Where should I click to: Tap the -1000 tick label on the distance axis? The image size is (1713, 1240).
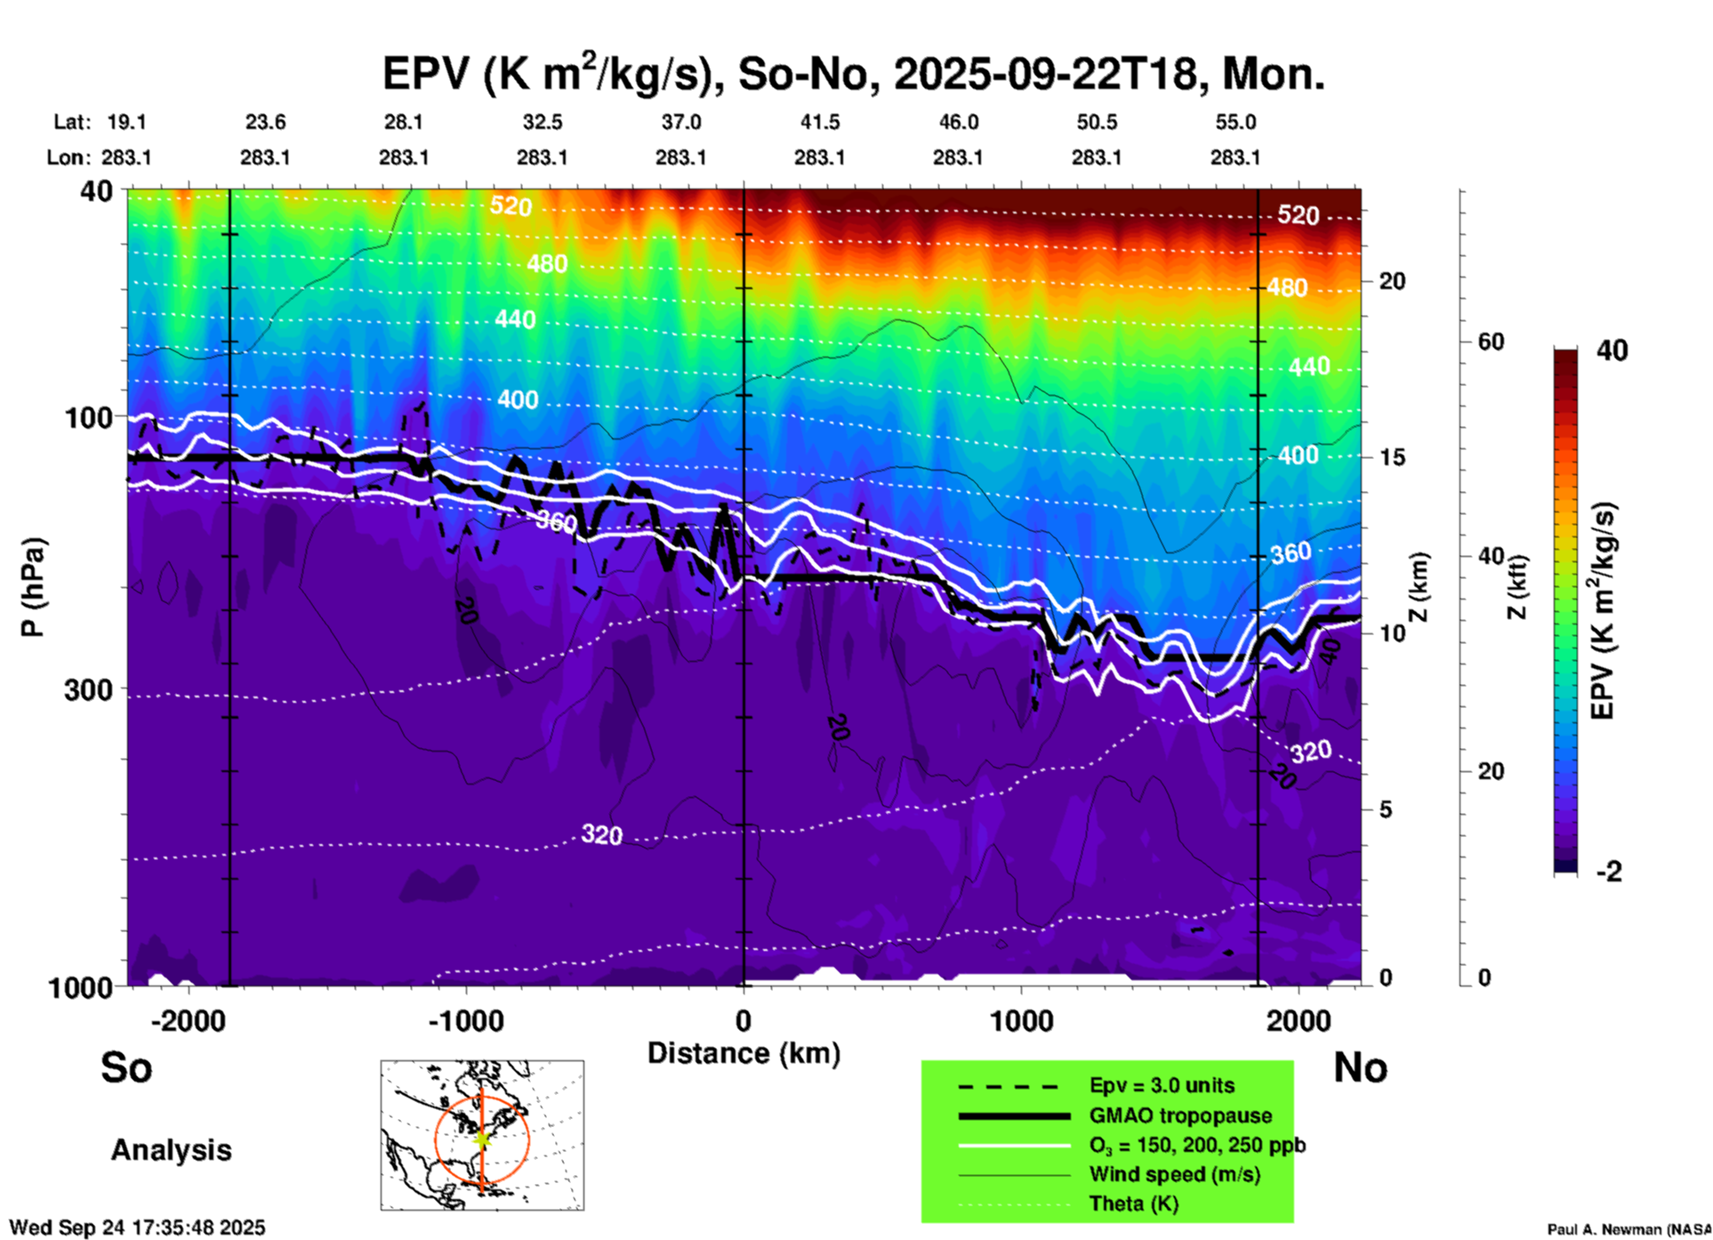(465, 1021)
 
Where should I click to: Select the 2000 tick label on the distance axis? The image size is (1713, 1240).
(1299, 1021)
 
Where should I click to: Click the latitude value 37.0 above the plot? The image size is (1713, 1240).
(680, 122)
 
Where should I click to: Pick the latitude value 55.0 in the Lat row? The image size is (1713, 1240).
(1235, 122)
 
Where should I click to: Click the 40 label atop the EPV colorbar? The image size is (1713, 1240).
(1612, 350)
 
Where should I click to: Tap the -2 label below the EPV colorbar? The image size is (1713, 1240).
(1609, 872)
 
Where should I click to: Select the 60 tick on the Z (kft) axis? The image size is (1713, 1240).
(1491, 342)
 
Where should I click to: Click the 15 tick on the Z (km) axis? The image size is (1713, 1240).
(1392, 457)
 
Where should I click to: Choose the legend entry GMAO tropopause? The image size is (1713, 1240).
(1180, 1115)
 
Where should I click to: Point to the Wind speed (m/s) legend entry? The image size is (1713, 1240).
(1174, 1174)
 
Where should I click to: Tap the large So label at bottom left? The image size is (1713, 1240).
(126, 1067)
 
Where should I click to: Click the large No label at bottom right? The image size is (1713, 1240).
(1360, 1067)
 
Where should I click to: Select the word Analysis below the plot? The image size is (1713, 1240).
(171, 1150)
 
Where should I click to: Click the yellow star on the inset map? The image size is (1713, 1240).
(481, 1138)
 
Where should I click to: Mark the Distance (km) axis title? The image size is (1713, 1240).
(744, 1053)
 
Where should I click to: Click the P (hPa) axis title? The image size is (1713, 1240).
(33, 587)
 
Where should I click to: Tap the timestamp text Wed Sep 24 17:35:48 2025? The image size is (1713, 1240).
(138, 1228)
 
